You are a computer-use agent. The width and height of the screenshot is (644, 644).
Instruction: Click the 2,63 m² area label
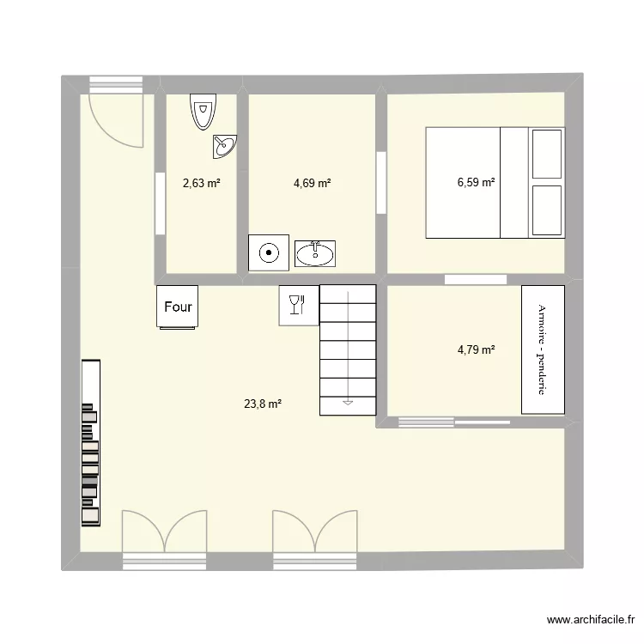click(201, 182)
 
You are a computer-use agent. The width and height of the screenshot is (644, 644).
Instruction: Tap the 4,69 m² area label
click(312, 182)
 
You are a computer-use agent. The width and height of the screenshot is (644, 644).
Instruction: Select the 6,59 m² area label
click(476, 182)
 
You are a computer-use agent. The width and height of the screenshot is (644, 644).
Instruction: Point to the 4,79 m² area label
click(476, 349)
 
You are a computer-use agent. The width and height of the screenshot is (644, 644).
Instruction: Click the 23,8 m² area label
click(264, 403)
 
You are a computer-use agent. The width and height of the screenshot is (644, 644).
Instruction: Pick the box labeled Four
click(178, 307)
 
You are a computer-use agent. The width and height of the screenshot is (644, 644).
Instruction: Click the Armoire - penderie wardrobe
click(543, 349)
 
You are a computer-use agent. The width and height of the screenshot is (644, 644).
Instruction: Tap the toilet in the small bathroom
click(204, 111)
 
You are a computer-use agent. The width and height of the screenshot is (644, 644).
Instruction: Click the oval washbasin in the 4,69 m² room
click(317, 252)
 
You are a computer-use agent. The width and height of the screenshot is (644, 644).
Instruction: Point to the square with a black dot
click(269, 252)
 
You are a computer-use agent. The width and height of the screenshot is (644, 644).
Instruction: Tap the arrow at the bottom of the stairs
click(348, 399)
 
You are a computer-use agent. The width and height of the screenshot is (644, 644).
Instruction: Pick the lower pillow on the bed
click(547, 209)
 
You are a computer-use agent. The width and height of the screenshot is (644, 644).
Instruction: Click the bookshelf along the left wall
click(90, 442)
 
